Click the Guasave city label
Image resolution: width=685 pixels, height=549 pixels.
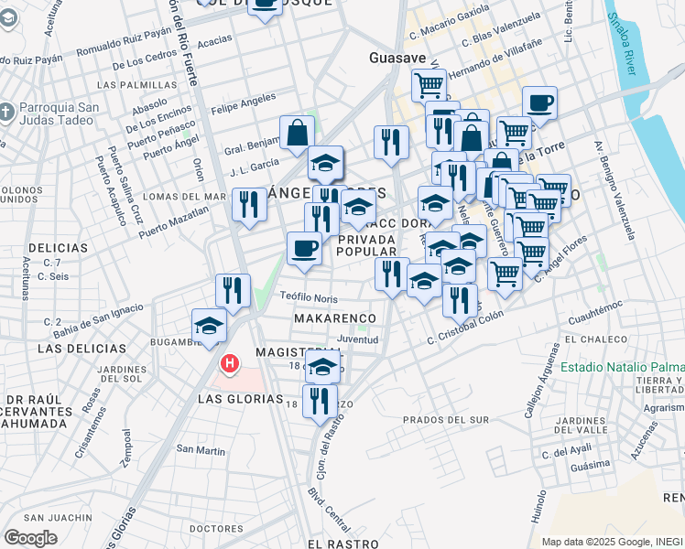tap(397, 57)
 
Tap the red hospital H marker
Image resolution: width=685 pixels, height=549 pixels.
tap(230, 364)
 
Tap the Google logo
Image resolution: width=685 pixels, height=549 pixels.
tap(30, 537)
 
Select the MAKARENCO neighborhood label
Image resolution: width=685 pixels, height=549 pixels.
tap(336, 318)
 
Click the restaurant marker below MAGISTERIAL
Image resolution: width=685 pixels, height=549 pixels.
tap(320, 401)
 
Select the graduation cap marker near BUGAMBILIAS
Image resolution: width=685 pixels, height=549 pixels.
tap(209, 326)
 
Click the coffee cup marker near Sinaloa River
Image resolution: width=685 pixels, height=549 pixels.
tap(540, 103)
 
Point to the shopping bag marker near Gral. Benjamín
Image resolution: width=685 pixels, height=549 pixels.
tap(298, 134)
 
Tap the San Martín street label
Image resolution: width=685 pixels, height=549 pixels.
tap(201, 449)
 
